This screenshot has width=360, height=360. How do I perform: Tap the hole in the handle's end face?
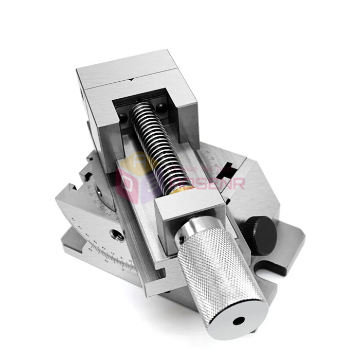click(238, 321)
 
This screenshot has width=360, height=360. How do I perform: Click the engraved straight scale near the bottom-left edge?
click(111, 257)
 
